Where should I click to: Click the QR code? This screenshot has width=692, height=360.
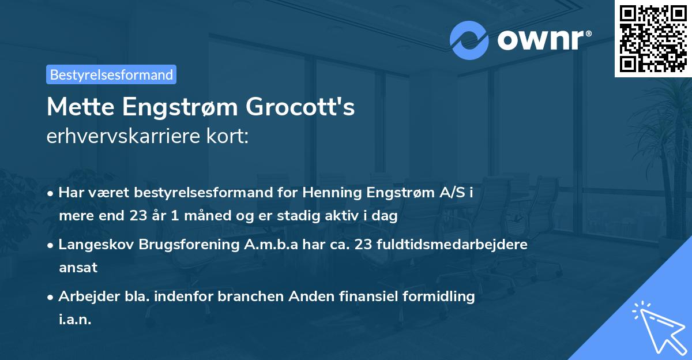653,39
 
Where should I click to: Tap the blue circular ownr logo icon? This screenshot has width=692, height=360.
469,40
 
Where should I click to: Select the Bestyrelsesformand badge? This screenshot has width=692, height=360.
111,74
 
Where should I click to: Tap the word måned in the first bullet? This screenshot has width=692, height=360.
194,216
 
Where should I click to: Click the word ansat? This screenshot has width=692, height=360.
78,268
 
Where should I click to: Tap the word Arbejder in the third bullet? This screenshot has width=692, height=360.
84,297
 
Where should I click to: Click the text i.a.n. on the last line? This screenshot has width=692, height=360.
75,320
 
